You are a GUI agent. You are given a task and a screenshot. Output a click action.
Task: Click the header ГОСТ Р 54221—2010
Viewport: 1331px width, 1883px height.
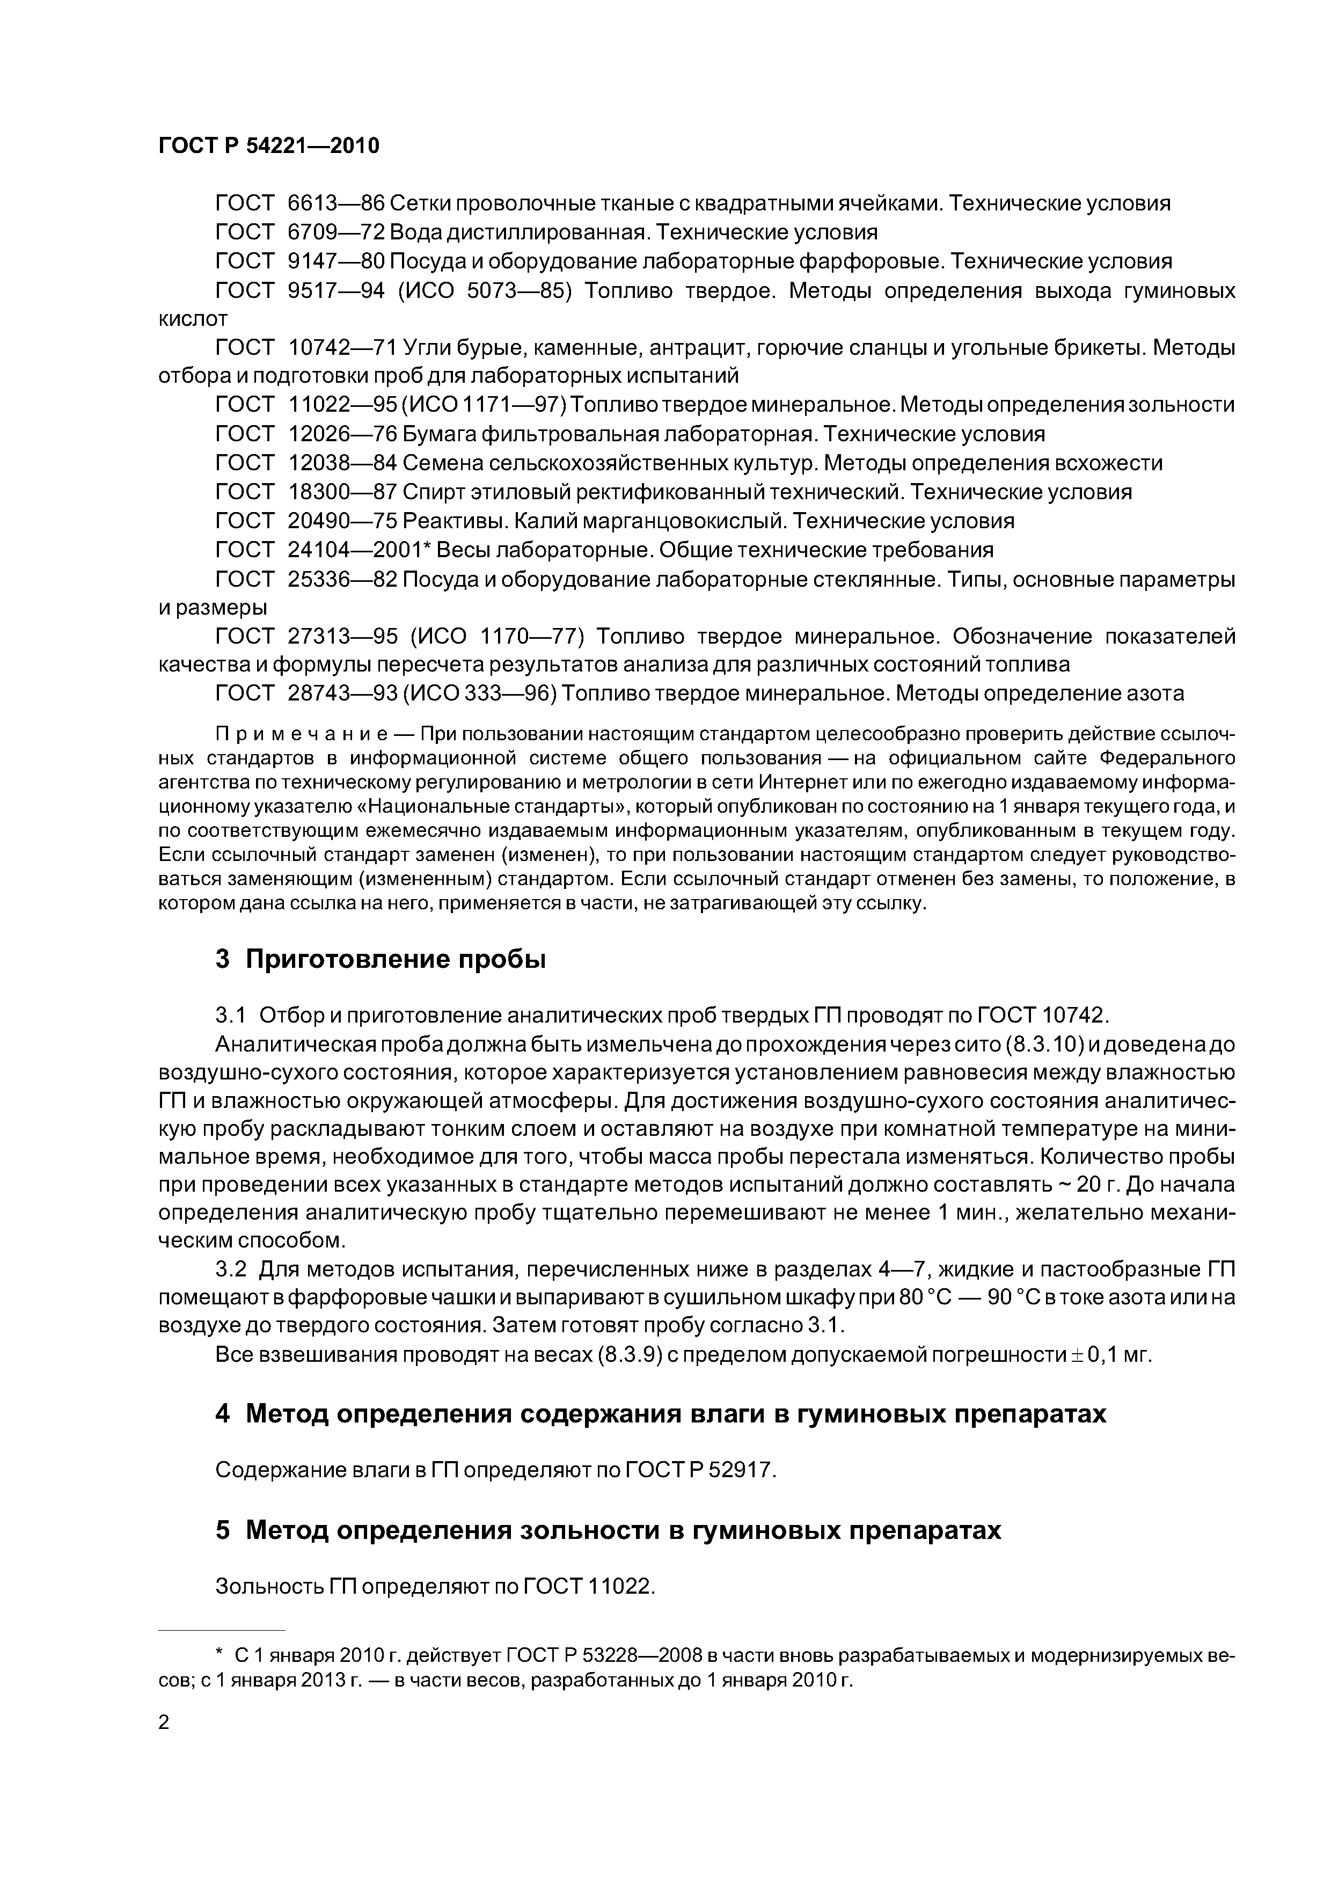click(x=268, y=146)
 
